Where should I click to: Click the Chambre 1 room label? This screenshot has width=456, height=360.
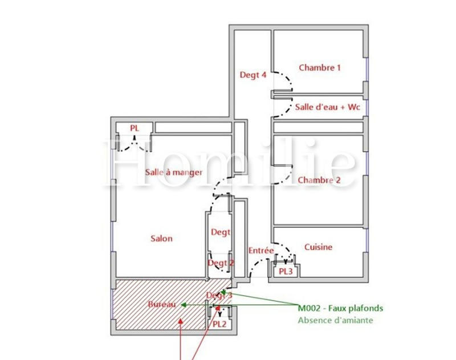[x=319, y=67]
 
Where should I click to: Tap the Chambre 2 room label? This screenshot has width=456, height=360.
[x=319, y=180]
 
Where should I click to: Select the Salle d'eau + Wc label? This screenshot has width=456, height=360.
[x=323, y=108]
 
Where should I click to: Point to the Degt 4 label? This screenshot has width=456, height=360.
[x=253, y=75]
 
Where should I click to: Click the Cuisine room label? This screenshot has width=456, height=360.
[x=318, y=247]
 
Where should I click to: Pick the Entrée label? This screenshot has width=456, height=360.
[x=261, y=251]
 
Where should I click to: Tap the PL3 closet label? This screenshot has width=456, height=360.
[x=286, y=272]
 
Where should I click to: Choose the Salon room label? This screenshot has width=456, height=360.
[x=161, y=239]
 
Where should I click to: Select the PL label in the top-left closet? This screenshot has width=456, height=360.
[x=134, y=128]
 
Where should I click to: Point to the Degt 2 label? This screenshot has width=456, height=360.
[x=221, y=263]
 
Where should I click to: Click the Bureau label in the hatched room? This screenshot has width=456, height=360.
[x=161, y=305]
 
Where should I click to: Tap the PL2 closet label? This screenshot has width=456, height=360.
[x=220, y=324]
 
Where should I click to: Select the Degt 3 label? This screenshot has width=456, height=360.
[x=219, y=295]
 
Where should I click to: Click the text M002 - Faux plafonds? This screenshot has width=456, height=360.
[x=340, y=308]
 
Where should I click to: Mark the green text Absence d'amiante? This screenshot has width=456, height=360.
[x=335, y=320]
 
